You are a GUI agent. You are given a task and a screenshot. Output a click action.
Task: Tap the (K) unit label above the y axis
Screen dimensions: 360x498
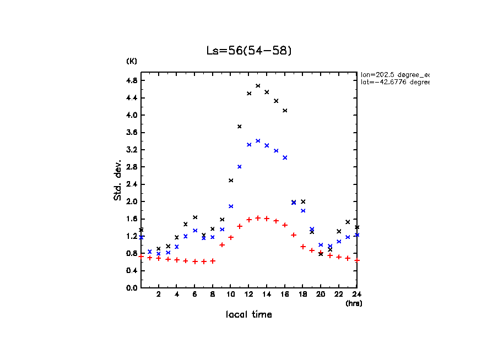tap(132, 61)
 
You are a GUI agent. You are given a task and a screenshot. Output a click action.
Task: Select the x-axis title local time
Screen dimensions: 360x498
tap(248, 315)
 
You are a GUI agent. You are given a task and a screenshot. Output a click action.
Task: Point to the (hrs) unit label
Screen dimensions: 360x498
tap(354, 303)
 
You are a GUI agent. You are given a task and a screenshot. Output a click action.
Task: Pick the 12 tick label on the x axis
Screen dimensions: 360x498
tap(248, 295)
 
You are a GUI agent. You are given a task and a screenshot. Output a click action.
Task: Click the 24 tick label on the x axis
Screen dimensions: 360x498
tap(356, 295)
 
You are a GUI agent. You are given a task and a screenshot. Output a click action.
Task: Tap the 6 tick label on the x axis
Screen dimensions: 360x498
tap(194, 295)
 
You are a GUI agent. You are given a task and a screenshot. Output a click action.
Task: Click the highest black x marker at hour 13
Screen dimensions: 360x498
tap(258, 86)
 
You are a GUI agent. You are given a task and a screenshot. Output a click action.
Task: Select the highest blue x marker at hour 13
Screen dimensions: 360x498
tap(258, 141)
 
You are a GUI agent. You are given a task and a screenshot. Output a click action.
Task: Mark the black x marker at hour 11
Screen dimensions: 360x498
tap(240, 127)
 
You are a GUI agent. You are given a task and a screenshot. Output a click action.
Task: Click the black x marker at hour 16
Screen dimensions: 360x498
tap(285, 111)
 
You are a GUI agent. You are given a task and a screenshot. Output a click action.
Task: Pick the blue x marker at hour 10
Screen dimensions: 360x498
tap(231, 206)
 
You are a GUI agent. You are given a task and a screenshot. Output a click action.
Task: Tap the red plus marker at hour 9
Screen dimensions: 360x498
tap(222, 245)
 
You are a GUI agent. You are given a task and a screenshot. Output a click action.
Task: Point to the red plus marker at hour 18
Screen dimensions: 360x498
tap(303, 247)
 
